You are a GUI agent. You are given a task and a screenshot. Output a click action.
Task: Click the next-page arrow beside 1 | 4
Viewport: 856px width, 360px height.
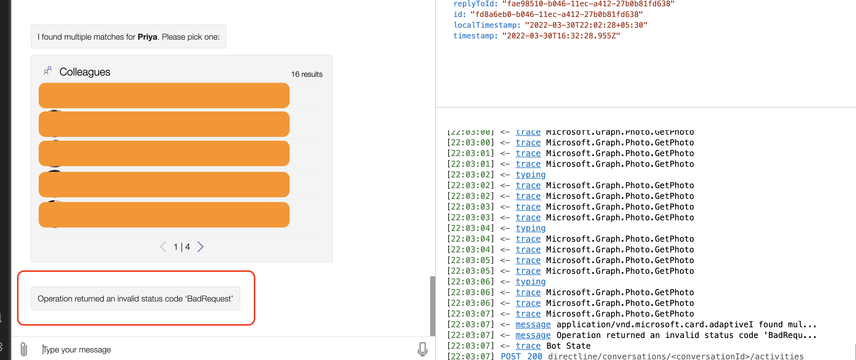[200, 247]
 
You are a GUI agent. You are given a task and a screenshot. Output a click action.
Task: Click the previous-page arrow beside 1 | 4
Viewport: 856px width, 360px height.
[163, 247]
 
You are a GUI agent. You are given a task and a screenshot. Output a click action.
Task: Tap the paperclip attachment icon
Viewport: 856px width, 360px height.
[24, 349]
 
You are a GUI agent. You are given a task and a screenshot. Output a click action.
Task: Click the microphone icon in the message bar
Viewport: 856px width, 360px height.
[422, 349]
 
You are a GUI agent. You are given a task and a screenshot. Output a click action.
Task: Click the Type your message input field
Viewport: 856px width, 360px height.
[226, 349]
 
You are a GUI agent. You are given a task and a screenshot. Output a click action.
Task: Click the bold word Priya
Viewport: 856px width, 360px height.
[147, 37]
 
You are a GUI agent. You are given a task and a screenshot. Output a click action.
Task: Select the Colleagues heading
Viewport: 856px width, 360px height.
[85, 72]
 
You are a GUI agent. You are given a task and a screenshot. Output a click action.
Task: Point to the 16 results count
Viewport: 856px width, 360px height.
[306, 74]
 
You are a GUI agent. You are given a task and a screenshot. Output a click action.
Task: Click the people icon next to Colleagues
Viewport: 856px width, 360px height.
[48, 70]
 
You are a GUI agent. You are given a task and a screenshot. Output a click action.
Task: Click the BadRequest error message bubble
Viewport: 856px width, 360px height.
[135, 299]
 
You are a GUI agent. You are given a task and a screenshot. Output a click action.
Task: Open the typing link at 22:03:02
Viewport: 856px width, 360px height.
[530, 175]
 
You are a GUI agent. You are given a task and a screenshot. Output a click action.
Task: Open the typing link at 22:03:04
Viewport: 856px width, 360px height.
[530, 228]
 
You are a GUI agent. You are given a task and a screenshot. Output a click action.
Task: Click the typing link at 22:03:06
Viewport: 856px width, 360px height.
[530, 282]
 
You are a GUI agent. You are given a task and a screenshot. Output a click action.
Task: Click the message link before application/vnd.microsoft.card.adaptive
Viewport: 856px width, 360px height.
[533, 324]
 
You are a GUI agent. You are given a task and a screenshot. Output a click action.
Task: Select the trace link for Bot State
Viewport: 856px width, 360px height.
[528, 346]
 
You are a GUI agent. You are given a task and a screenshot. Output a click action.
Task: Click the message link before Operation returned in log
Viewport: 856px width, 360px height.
[533, 335]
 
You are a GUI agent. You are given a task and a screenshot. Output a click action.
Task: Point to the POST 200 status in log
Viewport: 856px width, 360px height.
[521, 356]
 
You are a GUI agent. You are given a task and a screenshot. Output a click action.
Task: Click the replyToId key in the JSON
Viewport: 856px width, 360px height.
[475, 4]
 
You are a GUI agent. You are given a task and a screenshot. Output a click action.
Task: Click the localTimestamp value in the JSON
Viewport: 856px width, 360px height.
[586, 25]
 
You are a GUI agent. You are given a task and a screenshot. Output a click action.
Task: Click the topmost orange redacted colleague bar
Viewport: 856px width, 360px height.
[164, 95]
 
